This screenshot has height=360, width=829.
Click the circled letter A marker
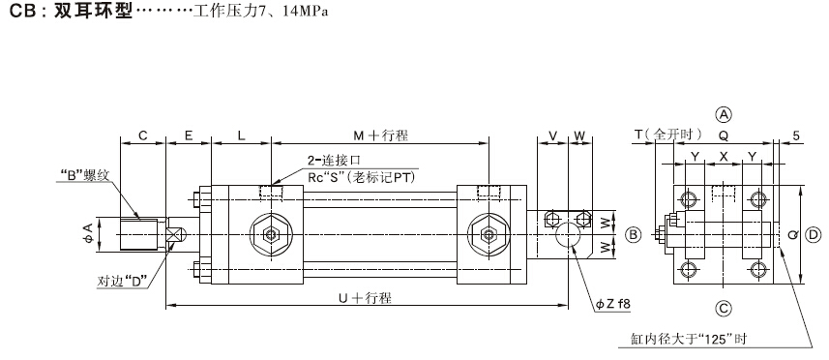coord(724,114)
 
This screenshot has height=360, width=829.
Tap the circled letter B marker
coord(634,235)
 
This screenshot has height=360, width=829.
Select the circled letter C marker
coord(724,308)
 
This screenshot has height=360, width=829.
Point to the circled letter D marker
coord(814,235)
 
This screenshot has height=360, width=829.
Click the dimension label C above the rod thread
coord(143,135)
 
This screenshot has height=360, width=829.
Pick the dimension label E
coord(189,135)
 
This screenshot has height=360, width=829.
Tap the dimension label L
coord(241,135)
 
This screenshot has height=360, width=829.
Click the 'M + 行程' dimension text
coord(381,135)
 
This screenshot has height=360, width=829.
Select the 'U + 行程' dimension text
coord(365,298)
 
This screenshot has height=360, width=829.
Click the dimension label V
coord(553,135)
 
